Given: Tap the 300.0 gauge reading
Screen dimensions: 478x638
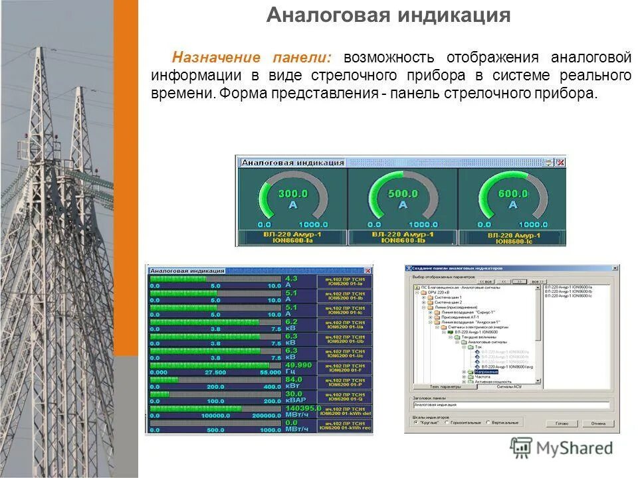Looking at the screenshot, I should point(292,194).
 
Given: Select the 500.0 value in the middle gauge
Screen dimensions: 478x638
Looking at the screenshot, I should point(402,194).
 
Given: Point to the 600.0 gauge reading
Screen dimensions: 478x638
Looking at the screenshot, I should point(513,194).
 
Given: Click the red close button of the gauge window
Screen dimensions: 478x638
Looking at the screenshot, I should point(560,162).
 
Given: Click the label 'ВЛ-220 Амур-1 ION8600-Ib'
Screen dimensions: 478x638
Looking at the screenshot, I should point(403,238).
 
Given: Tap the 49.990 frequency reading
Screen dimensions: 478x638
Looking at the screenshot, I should point(298,365).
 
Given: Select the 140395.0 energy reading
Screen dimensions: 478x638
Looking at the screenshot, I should point(302,408).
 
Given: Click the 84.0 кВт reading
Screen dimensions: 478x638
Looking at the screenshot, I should point(294,380).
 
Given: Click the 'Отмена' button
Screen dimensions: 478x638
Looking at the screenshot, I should point(598,423).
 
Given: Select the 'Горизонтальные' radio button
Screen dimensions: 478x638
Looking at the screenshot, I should point(449,422).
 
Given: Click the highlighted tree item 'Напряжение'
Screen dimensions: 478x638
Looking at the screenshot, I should point(485,372).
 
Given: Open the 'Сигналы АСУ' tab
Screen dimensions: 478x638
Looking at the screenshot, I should point(510,386).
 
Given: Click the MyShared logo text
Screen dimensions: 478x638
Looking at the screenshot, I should point(574,448).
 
